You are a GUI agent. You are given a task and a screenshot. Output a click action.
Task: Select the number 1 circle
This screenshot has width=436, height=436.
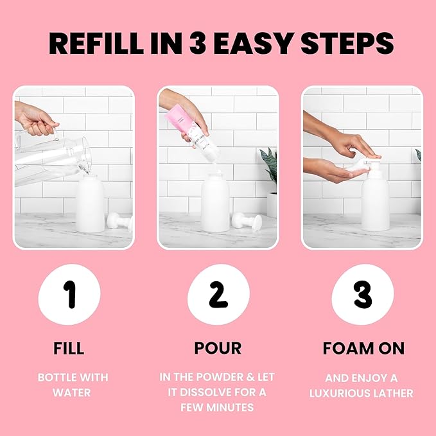tap(70, 294)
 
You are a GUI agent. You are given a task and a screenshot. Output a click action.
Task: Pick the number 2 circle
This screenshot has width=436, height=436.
tap(218, 294)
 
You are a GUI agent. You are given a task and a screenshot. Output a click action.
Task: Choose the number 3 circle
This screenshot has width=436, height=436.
tap(362, 294)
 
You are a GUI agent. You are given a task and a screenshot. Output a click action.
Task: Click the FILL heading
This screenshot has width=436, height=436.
tap(69, 348)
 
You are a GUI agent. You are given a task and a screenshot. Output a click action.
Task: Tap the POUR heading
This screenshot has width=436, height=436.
tap(218, 348)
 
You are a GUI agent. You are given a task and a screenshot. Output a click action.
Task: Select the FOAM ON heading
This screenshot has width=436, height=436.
tap(363, 348)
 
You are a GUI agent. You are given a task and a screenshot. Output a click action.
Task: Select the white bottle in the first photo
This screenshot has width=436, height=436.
tap(91, 204)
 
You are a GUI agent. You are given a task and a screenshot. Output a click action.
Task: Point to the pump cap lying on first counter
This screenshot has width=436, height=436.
tap(120, 222)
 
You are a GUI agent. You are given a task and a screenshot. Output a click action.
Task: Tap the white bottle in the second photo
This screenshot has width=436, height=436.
tap(215, 204)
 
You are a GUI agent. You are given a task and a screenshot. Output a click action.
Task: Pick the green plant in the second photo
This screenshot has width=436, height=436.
tap(269, 164)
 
